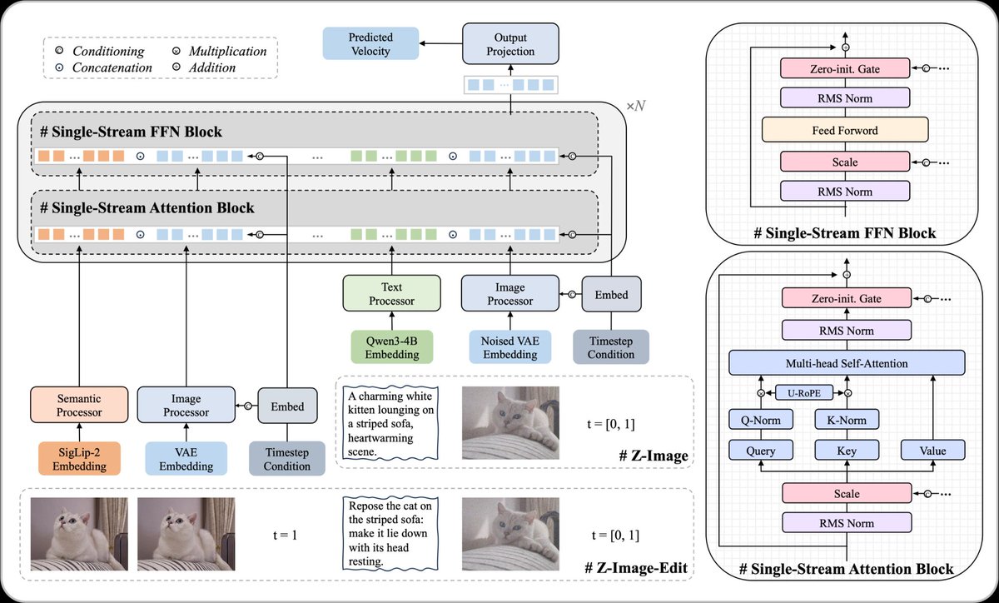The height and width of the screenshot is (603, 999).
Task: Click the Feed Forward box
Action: [x=845, y=131]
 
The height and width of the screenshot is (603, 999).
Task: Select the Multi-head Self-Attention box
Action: [x=846, y=362]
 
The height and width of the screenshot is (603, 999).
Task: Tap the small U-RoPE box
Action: [x=804, y=391]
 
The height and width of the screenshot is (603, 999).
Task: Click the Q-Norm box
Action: [x=761, y=420]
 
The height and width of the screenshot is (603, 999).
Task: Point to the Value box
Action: [x=932, y=451]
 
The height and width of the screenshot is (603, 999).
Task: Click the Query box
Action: [x=761, y=451]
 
